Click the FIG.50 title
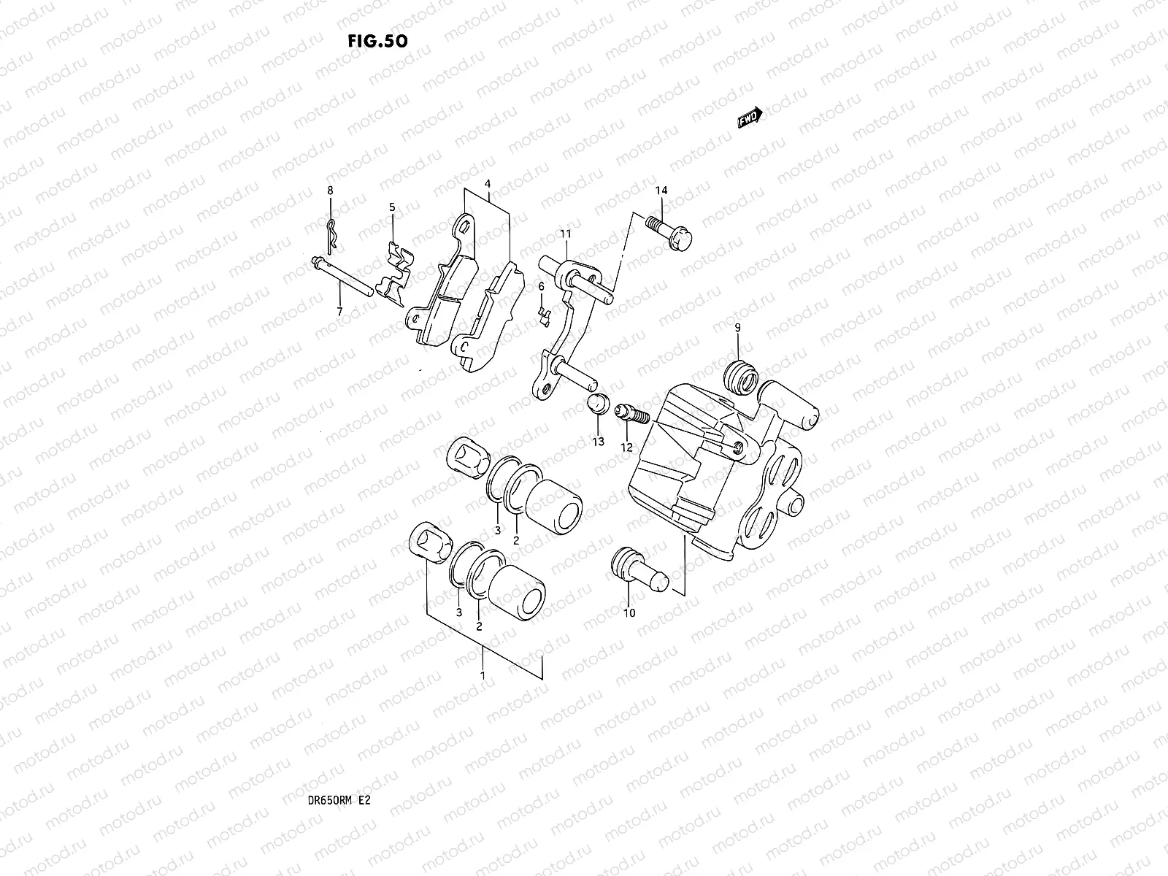[377, 41]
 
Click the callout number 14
[661, 191]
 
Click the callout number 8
[330, 191]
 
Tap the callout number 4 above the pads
[488, 185]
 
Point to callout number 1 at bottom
[482, 677]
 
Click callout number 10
[629, 612]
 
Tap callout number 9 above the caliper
[737, 328]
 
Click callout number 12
[626, 447]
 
